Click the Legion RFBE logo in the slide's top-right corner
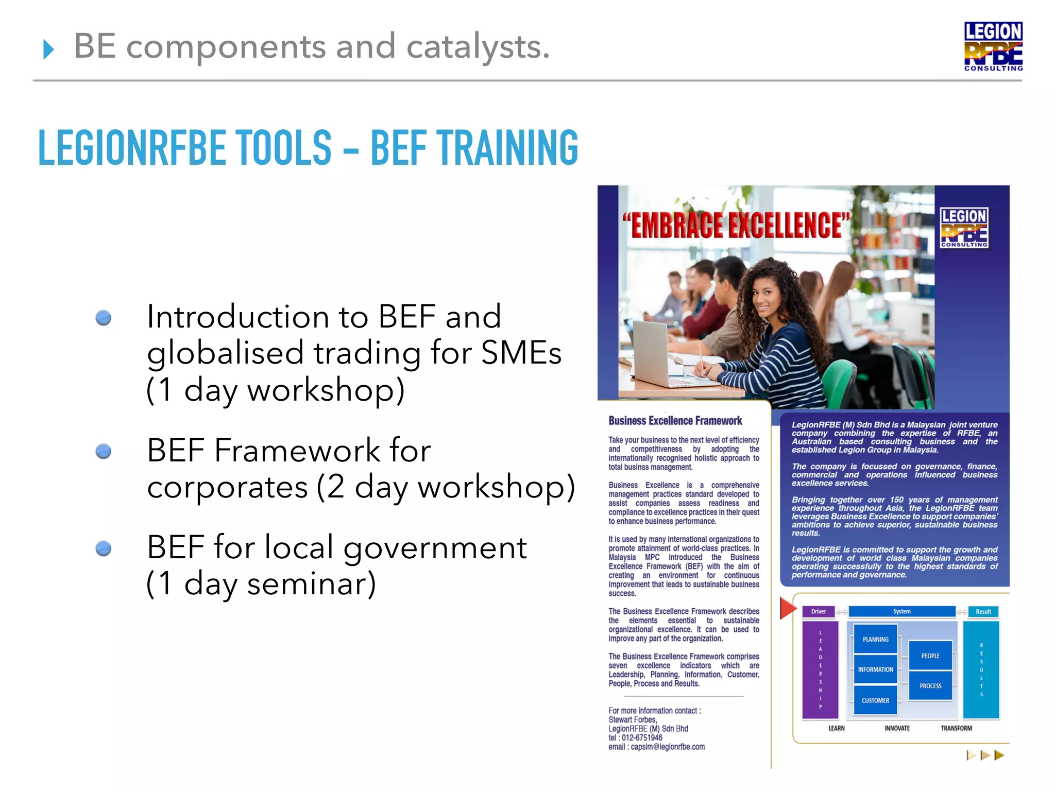993,46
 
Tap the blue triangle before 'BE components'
48,49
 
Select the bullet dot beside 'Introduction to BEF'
104,318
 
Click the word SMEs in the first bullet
521,353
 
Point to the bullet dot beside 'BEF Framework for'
104,452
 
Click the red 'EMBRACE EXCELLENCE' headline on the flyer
736,226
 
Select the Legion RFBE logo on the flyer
964,228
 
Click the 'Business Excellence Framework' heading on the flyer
675,421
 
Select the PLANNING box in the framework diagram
875,639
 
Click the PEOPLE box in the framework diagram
930,656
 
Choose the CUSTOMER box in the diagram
875,700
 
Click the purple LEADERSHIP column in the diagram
820,669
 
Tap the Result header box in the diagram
983,611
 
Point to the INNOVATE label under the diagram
897,728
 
